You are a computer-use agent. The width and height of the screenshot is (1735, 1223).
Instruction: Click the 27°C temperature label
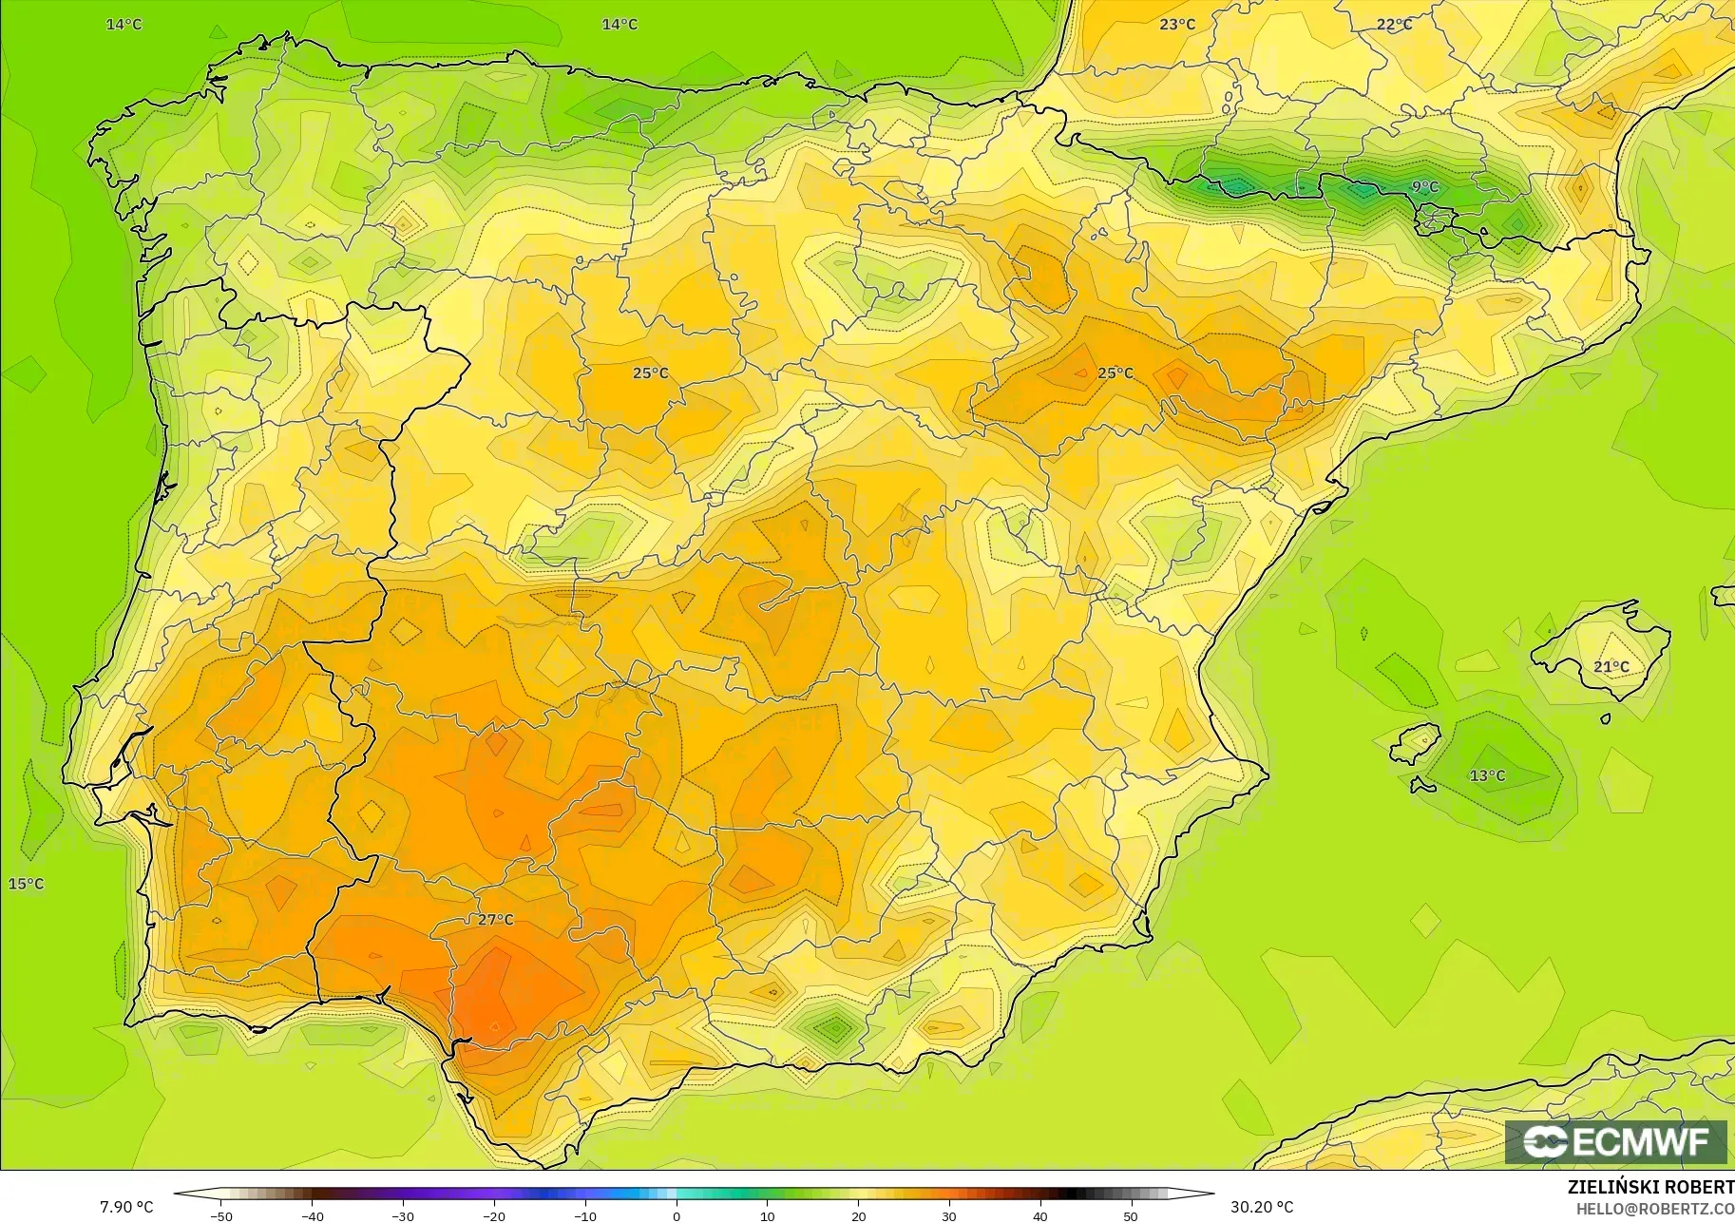click(495, 920)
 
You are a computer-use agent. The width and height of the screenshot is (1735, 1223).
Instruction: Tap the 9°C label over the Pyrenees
click(1424, 187)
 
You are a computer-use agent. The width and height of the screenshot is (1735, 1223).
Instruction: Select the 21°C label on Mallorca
click(1611, 667)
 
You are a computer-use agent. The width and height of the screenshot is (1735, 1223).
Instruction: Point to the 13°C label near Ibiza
click(1487, 775)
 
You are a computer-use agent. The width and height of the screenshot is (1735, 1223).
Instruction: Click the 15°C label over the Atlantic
click(26, 884)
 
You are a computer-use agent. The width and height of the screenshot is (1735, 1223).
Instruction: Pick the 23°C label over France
click(1176, 24)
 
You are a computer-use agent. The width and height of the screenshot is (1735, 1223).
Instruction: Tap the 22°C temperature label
click(1394, 24)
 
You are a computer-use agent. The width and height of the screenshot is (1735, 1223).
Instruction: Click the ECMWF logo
click(1615, 1141)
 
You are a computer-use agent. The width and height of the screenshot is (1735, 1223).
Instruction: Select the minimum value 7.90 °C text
click(126, 1207)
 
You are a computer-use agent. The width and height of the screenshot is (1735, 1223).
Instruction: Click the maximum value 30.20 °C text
click(1262, 1207)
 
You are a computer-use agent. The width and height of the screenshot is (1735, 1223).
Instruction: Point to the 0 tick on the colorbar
click(676, 1215)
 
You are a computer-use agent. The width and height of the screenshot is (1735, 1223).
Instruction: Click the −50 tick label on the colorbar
click(220, 1215)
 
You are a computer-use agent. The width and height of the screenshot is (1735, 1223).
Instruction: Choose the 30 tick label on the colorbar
click(948, 1215)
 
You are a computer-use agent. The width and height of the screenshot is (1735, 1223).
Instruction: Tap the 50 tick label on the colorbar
click(1131, 1215)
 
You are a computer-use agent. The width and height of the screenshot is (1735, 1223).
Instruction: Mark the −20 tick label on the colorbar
click(494, 1215)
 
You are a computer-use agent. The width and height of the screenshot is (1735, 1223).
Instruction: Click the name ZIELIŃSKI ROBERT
click(1650, 1188)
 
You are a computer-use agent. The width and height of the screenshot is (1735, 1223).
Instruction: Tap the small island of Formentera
click(1422, 786)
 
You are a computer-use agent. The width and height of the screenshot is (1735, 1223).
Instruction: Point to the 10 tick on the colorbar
click(767, 1215)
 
